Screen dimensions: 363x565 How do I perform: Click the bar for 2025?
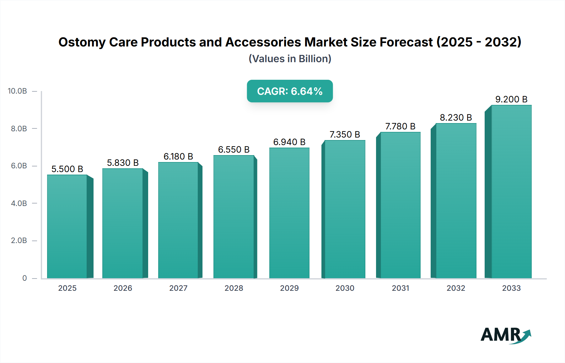(67, 226)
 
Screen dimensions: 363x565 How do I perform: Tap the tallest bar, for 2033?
(511, 192)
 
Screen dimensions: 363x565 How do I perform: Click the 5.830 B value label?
(123, 163)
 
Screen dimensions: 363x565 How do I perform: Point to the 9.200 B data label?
(511, 99)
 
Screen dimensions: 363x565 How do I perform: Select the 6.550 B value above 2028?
(234, 149)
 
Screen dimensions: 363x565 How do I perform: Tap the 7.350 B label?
(345, 134)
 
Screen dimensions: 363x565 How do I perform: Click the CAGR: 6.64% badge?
(290, 91)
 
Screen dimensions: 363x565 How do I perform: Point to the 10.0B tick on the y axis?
(18, 91)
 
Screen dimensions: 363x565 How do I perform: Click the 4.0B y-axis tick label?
(19, 203)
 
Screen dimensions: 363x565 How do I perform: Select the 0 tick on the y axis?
(24, 278)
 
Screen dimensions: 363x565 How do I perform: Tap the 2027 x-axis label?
(178, 288)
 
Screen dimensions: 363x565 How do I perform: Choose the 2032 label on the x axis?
(456, 288)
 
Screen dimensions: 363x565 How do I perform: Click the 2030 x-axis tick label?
(345, 288)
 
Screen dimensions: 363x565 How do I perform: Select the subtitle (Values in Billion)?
(290, 59)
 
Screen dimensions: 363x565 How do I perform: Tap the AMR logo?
(505, 335)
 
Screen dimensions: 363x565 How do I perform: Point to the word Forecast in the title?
(406, 42)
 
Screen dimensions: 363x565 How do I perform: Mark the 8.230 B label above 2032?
(456, 117)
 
